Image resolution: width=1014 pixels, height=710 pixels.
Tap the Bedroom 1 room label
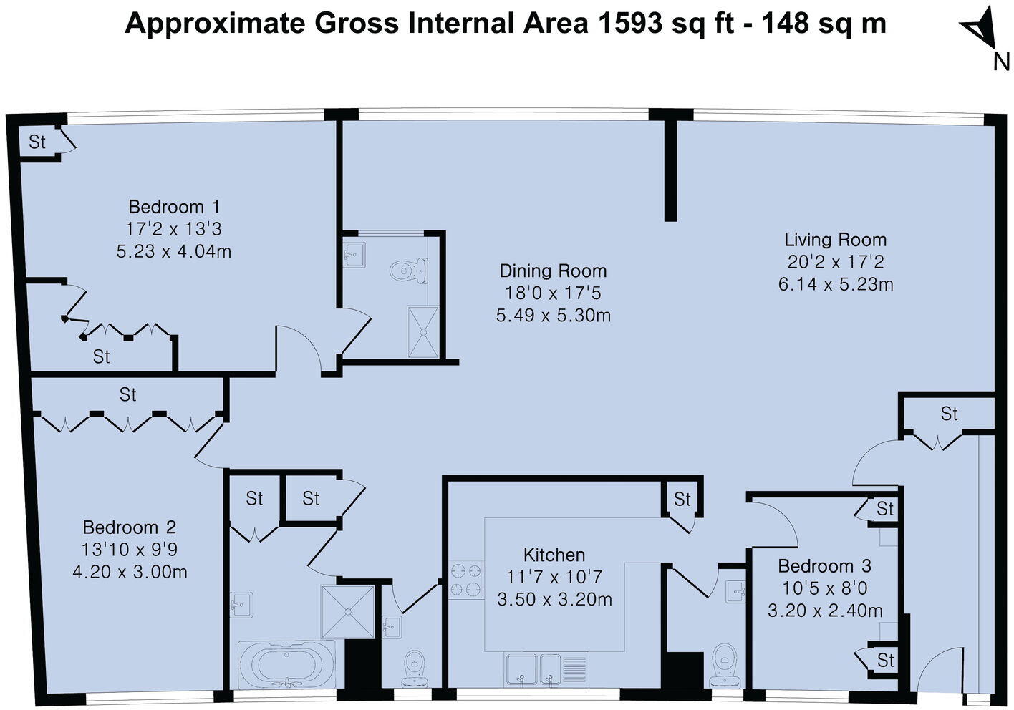(174, 207)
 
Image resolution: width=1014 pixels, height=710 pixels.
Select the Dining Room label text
(553, 271)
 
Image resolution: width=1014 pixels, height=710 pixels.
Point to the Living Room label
(835, 240)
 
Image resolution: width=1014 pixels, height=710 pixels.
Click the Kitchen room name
(554, 555)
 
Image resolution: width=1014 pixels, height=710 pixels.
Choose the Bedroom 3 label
(824, 566)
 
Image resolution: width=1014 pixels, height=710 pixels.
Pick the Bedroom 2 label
(130, 527)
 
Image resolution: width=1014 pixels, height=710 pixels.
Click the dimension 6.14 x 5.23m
(835, 284)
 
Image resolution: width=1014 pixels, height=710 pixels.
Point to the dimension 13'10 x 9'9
(130, 550)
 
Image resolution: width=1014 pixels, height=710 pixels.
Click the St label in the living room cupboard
(949, 414)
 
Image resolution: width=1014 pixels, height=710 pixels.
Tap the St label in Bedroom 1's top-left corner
(37, 142)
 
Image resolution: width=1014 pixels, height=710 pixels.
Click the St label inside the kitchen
(682, 499)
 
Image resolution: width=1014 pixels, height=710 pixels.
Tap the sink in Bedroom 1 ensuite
(354, 254)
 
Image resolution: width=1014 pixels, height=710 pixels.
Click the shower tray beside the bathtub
(348, 612)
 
